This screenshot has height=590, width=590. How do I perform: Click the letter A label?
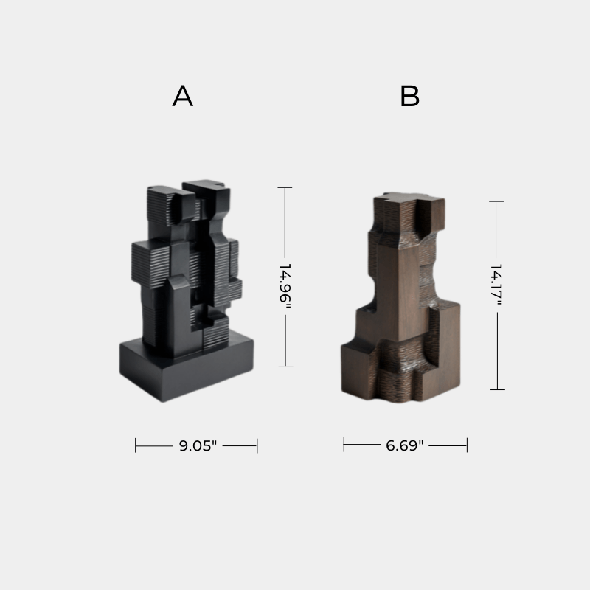tap(183, 96)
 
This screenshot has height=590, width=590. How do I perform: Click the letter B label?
tap(409, 96)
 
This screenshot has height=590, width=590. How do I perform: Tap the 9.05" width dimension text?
tap(198, 445)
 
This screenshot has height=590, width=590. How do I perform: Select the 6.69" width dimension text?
tap(405, 445)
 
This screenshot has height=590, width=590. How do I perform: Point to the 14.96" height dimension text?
tap(285, 283)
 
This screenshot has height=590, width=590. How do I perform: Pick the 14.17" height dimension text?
tap(496, 284)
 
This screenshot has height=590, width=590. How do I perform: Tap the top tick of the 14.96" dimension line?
tap(285, 187)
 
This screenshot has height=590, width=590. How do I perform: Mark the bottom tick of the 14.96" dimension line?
tap(285, 367)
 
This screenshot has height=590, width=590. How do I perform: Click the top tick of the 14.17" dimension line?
tap(496, 201)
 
